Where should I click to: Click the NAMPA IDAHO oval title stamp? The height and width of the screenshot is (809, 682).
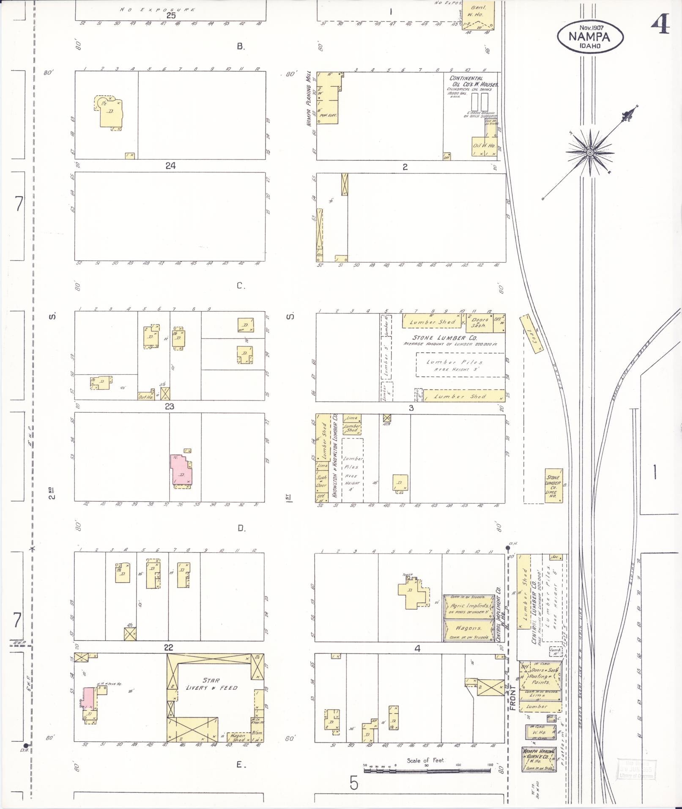pos(590,37)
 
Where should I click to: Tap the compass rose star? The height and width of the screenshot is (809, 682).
pos(590,152)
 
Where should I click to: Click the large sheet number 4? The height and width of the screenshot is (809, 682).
pos(660,24)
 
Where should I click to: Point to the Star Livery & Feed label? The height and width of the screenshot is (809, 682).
pos(211,684)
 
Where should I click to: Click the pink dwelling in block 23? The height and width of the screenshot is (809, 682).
pos(181,470)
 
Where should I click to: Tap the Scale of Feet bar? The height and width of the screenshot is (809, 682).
pos(427,770)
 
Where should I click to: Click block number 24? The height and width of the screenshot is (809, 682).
pos(170,166)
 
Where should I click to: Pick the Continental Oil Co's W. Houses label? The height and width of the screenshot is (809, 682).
pos(472,81)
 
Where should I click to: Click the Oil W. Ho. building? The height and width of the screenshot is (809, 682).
pos(484,146)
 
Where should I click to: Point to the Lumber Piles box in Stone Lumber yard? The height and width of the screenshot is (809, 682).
pos(460,365)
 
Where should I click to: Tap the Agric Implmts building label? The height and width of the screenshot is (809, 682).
pos(468,606)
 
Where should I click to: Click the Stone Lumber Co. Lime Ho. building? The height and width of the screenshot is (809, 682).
pos(553,486)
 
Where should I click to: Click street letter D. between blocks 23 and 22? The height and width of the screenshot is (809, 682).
pos(241,528)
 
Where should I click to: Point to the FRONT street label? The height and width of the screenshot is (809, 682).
pos(512,697)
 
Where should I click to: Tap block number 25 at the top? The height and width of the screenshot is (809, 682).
pos(170,16)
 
